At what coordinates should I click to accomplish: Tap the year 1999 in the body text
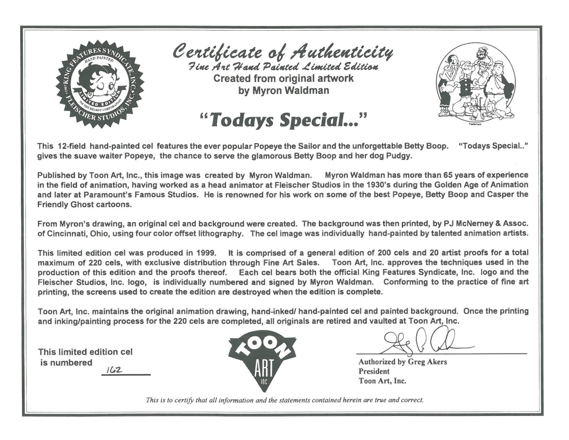206,253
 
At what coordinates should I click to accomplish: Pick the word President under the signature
374,371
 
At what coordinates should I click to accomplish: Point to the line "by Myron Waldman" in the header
283,91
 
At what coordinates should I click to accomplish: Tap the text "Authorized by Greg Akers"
403,362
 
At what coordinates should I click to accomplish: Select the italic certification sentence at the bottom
284,400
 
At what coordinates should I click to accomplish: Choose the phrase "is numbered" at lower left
66,363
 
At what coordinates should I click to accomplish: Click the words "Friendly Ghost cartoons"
84,205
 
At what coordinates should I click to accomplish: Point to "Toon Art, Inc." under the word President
382,381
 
